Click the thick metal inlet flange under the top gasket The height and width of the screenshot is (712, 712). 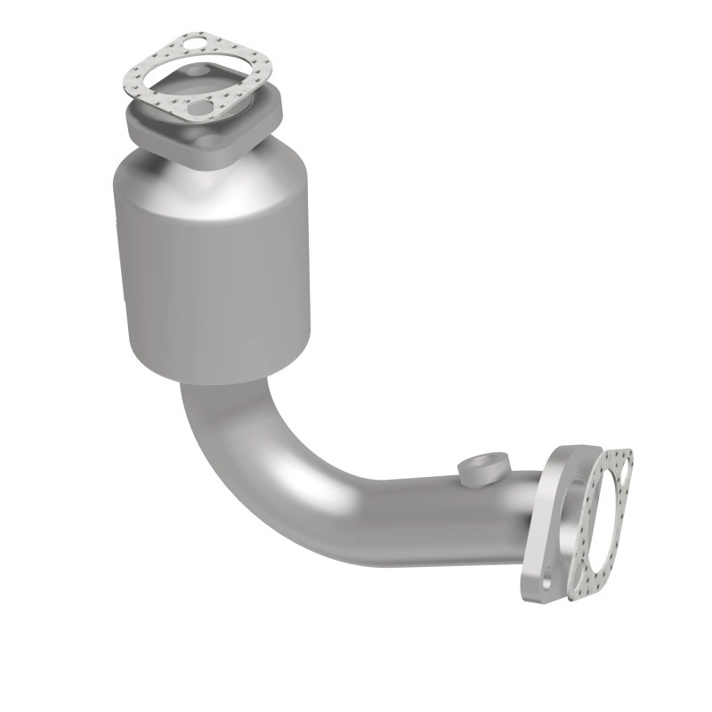(x=258, y=125)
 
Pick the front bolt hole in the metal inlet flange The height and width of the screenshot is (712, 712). (x=209, y=141)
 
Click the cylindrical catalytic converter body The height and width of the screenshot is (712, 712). (x=214, y=267)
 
